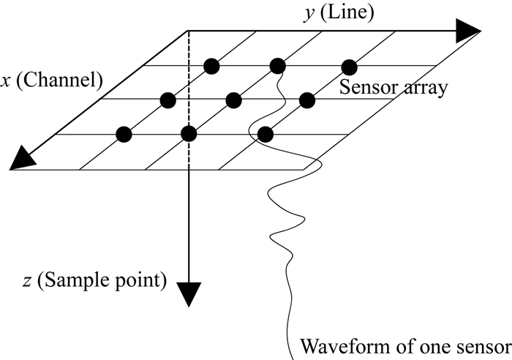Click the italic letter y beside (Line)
click(x=309, y=14)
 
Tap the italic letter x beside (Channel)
click(x=5, y=81)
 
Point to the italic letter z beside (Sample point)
click(x=27, y=282)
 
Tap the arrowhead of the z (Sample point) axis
click(x=189, y=294)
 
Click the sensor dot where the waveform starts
click(x=277, y=67)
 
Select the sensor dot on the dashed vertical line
click(x=189, y=134)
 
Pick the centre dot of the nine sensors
click(x=233, y=100)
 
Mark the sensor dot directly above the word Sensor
click(x=350, y=67)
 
